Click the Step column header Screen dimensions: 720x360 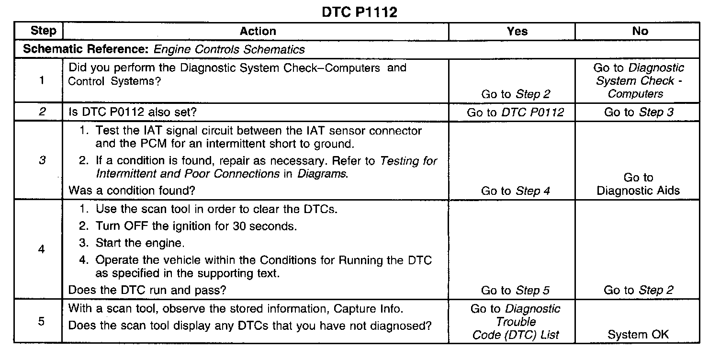tap(43, 31)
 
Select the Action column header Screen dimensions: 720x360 tap(258, 32)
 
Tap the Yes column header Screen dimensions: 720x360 tap(517, 32)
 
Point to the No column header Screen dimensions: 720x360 tap(640, 32)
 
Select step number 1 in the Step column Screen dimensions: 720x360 tap(42, 80)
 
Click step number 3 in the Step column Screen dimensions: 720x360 tap(42, 160)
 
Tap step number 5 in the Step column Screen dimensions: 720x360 tap(42, 321)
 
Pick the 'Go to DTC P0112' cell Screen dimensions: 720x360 tap(515, 112)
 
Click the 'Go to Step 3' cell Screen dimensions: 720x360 tap(639, 112)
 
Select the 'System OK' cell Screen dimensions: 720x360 tap(638, 335)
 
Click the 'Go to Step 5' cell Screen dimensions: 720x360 tap(515, 290)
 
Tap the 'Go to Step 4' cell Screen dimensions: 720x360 tap(515, 191)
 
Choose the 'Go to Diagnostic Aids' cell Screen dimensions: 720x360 tap(638, 184)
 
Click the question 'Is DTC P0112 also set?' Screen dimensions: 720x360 tap(131, 112)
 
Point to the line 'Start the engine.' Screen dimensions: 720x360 tap(139, 243)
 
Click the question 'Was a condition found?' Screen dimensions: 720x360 tap(132, 191)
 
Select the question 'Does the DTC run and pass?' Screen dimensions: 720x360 tap(147, 290)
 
